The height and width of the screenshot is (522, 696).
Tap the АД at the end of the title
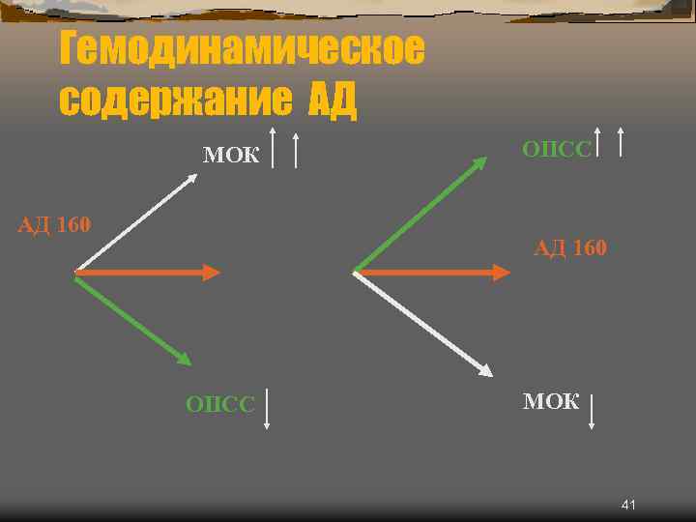click(333, 100)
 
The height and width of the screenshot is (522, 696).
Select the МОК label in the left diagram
click(231, 155)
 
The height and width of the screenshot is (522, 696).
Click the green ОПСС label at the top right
click(556, 149)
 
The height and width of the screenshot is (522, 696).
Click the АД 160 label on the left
click(55, 226)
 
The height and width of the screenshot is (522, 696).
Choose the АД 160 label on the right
click(570, 248)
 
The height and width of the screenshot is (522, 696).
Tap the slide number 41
click(628, 506)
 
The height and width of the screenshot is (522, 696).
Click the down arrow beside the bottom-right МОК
click(592, 411)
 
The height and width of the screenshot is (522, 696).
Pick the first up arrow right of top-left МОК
click(274, 147)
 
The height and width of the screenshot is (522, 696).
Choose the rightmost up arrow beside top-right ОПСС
click(620, 141)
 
